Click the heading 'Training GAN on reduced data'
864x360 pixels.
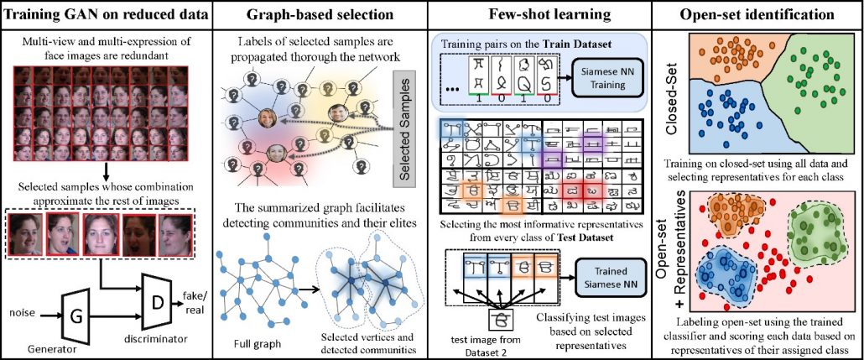(106, 13)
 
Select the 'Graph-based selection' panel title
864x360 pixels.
(320, 13)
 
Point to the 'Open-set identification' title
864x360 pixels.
(758, 13)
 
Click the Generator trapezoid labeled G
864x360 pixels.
(75, 316)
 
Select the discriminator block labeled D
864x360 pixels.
(157, 295)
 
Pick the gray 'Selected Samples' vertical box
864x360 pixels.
(409, 129)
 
